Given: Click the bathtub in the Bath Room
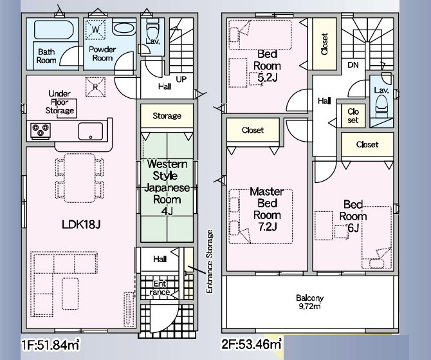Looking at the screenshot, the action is pos(53,30).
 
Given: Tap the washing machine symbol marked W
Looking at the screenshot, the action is pos(95,29).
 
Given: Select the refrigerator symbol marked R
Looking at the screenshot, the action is pos(95,87).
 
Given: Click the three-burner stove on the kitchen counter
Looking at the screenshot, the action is pos(41,130).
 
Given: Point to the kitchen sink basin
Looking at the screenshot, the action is pos(91,131).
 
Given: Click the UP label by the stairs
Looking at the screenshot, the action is pos(181,79).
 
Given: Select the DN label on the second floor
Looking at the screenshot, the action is pos(353,65).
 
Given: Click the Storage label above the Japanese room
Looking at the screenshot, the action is pos(167,116).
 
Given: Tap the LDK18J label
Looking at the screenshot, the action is pos(81,225).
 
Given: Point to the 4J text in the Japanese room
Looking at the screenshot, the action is pos(167,211).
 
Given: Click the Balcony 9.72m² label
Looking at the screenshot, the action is pos(310,302).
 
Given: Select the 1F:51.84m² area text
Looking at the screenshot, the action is pos(51,345).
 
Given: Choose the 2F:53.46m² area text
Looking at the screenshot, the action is pos(252,345).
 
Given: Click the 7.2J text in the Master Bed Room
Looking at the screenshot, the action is pos(267,227).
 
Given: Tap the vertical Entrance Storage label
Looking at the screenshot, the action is pos(210,261).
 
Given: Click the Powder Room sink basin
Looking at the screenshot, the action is pos(124,28).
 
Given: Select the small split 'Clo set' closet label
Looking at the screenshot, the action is pos(353,115).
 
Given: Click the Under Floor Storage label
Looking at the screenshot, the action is pos(60,102).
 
